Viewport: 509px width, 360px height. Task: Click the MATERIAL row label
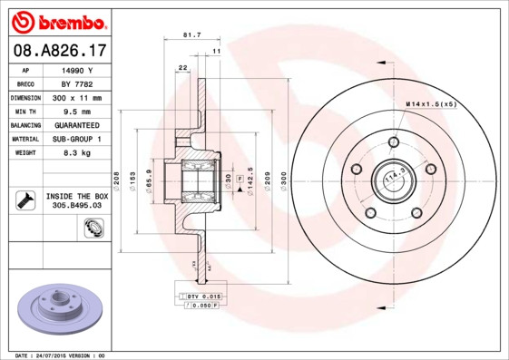click(24, 139)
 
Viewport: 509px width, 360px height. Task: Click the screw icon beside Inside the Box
click(24, 199)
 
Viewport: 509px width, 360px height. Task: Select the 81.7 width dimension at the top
click(191, 35)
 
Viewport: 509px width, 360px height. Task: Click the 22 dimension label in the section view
click(182, 68)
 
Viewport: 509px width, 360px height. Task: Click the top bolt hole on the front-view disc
click(393, 141)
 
